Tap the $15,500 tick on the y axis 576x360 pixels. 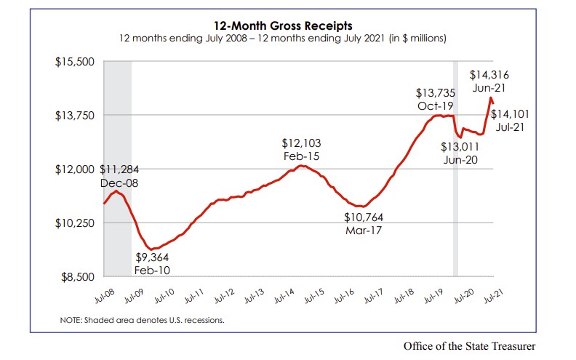tap(76, 62)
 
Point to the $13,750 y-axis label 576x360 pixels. tap(76, 116)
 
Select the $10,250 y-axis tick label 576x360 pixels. tap(76, 223)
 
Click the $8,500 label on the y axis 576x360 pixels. tap(78, 277)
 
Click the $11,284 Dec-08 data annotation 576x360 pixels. tap(119, 177)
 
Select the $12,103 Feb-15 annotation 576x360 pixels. tap(302, 150)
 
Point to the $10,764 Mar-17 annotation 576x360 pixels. tap(364, 224)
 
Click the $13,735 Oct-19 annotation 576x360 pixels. tap(435, 100)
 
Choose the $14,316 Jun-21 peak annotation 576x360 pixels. tap(489, 81)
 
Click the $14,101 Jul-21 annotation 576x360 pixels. tap(512, 120)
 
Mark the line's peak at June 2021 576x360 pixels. tap(490, 97)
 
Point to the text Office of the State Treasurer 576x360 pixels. tap(473, 345)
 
